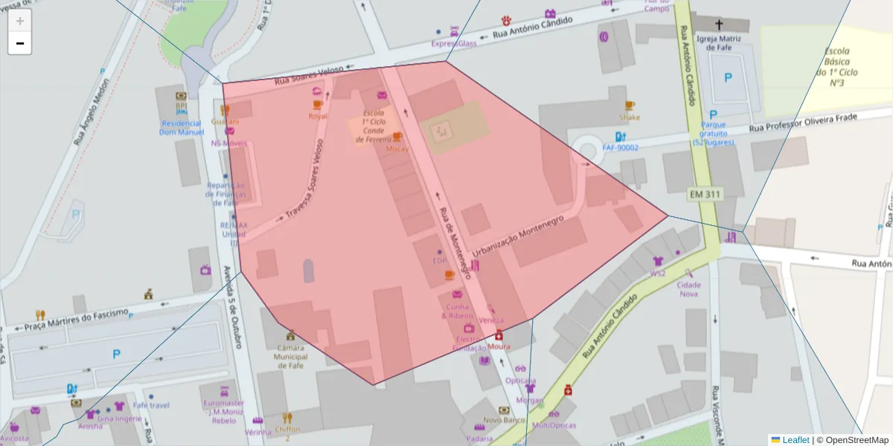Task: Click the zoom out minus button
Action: [19, 43]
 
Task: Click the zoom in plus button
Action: [19, 21]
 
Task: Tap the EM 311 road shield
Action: [704, 195]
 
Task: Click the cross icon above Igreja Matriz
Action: [719, 24]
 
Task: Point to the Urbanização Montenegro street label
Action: [518, 236]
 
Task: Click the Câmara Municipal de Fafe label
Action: [291, 356]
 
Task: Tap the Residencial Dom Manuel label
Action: [181, 128]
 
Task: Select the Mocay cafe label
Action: [397, 148]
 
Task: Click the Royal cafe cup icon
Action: [318, 105]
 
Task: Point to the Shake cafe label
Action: [630, 117]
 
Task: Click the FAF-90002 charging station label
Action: [620, 148]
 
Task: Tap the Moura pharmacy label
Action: [499, 346]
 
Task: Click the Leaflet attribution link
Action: [795, 439]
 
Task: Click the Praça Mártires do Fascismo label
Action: [77, 320]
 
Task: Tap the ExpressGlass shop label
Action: [454, 44]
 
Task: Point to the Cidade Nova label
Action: [688, 289]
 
